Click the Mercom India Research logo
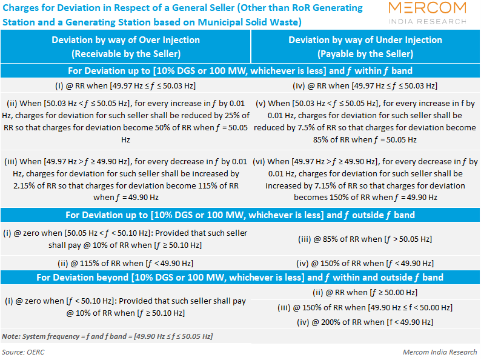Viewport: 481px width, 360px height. [427, 13]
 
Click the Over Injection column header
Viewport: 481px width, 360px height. [126, 47]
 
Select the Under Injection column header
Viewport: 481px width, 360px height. [365, 47]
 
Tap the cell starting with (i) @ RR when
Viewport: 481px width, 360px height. [125, 85]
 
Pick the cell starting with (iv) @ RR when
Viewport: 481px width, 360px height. [365, 85]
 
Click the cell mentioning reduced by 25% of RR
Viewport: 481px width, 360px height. [125, 122]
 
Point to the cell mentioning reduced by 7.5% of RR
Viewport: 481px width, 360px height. [365, 122]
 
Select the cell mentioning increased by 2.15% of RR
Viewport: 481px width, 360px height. [126, 179]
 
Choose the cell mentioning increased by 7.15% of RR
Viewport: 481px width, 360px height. [365, 179]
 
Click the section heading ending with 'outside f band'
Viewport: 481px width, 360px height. [240, 215]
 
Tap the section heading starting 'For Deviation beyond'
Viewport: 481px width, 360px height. [240, 278]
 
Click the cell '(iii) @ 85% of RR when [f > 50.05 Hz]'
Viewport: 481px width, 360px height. [365, 239]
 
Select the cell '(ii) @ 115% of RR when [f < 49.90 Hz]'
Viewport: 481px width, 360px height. [125, 263]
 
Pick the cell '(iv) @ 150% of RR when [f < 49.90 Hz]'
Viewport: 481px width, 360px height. [365, 263]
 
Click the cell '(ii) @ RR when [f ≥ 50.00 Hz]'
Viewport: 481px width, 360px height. [365, 293]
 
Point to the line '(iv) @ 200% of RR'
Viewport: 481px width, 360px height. [365, 322]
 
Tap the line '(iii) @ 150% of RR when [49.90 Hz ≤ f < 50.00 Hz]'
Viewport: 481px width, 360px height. [365, 307]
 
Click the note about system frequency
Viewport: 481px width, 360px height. [107, 336]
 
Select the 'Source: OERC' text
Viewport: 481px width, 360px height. [23, 352]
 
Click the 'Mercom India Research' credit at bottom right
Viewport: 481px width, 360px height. [440, 352]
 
